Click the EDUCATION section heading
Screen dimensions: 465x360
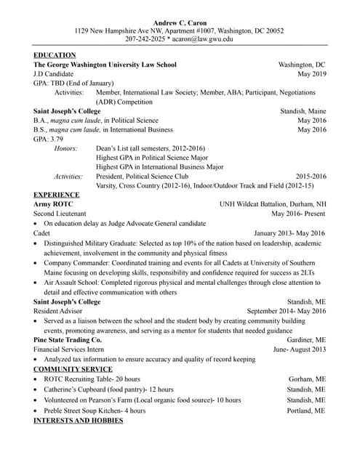[x=55, y=55]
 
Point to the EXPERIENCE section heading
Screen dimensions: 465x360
[x=57, y=195]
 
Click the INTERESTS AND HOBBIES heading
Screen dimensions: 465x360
[x=79, y=421]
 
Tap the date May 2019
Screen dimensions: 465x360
[x=312, y=74]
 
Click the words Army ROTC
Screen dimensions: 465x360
[x=54, y=205]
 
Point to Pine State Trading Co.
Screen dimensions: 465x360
[x=68, y=339]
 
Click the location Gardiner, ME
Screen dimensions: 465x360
[x=306, y=339]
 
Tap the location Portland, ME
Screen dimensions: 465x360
[x=305, y=411]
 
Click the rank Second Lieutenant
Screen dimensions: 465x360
[x=66, y=214]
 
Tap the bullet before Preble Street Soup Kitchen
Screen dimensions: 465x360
[x=36, y=411]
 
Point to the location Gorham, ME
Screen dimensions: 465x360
[x=308, y=379]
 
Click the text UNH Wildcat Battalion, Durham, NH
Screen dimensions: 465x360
[x=273, y=205]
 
